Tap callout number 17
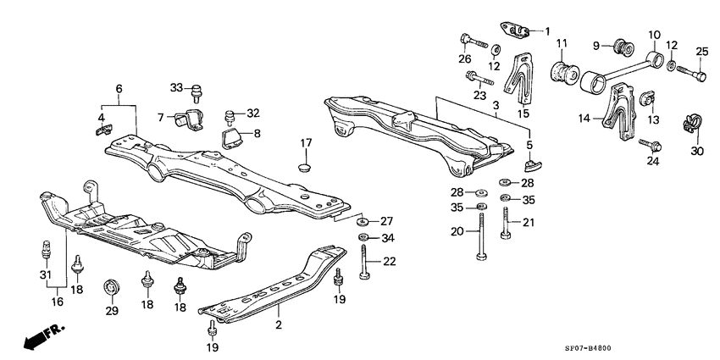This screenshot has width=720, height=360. (305, 143)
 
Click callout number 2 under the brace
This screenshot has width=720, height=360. (278, 324)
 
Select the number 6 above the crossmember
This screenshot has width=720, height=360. (119, 87)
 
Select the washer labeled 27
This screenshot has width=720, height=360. (362, 220)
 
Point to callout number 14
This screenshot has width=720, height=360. (583, 119)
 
